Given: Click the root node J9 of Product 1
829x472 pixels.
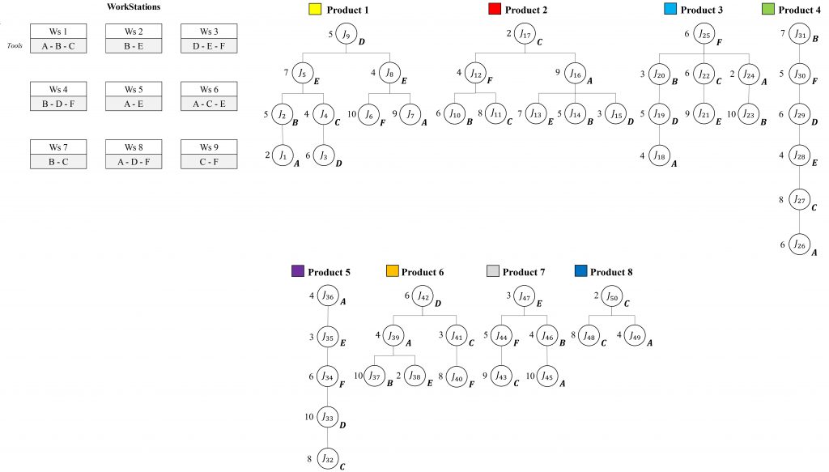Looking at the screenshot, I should tap(346, 35).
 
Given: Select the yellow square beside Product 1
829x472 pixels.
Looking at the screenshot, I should tap(314, 11).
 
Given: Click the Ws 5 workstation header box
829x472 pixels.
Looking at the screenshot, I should tap(133, 89).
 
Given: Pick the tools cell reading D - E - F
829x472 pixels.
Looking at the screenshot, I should tap(209, 46).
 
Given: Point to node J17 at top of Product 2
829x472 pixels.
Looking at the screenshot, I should tap(525, 35).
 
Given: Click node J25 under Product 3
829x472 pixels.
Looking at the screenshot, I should tap(704, 35).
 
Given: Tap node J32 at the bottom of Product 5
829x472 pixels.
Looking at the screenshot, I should tap(327, 458).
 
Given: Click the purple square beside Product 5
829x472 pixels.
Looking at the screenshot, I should tap(297, 273).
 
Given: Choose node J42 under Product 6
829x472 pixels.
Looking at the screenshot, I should tap(423, 297).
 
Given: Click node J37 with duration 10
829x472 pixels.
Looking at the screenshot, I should tap(374, 376).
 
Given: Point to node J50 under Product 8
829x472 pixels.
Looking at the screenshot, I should tap(611, 297).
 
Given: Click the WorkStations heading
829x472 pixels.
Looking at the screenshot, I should tap(133, 6).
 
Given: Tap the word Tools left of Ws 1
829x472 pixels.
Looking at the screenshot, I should tap(15, 46).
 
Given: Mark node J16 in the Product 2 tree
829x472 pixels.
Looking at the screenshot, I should tap(575, 74).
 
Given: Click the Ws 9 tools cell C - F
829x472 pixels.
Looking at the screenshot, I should tap(209, 161).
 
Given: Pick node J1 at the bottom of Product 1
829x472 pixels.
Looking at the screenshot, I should tap(283, 154).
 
